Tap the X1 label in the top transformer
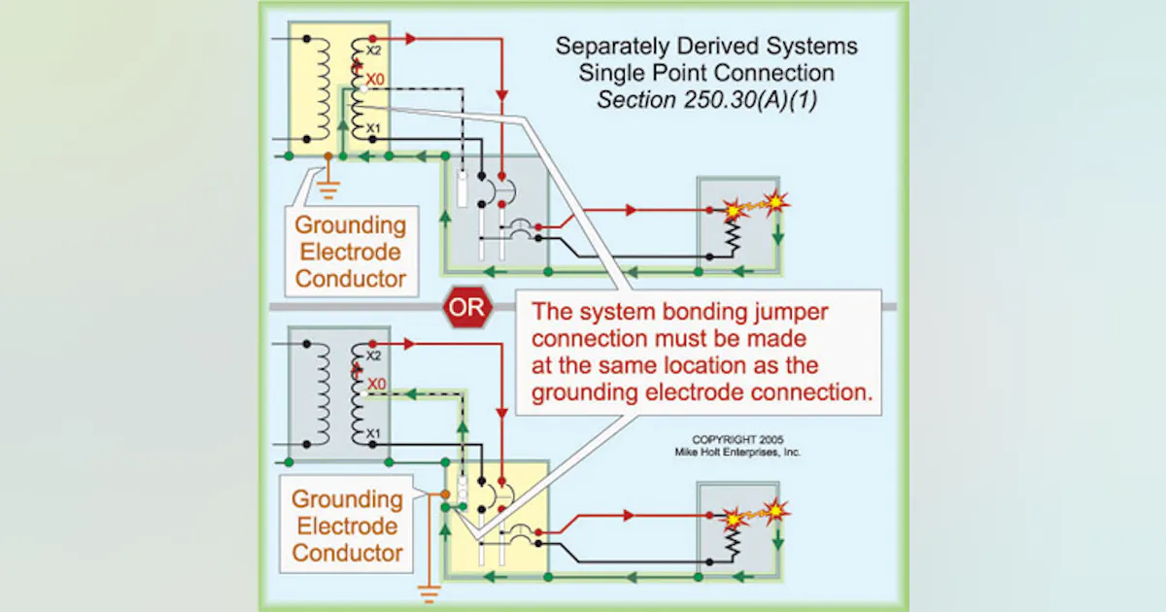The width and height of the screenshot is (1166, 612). (x=373, y=127)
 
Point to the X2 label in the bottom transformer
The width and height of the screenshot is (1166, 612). (x=373, y=356)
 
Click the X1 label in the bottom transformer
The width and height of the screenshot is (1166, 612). (x=373, y=432)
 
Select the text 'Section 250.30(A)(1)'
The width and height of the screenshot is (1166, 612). (x=706, y=100)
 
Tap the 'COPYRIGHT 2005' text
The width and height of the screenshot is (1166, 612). (x=737, y=439)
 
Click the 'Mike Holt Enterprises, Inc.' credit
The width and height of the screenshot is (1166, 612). (x=737, y=452)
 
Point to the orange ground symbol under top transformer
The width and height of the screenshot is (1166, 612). (x=329, y=187)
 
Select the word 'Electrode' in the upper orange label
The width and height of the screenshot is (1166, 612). (x=348, y=252)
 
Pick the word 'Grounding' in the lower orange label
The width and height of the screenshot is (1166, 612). (x=348, y=499)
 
